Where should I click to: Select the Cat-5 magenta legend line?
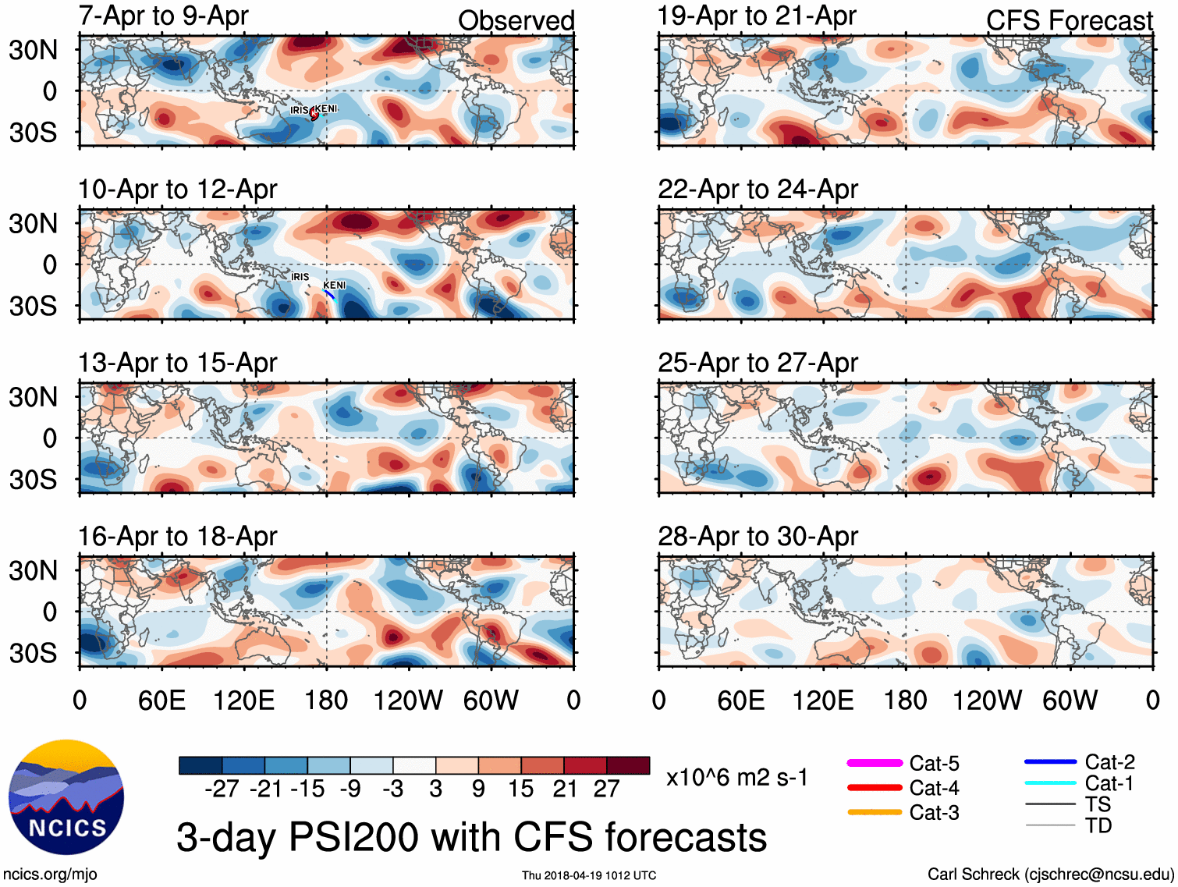click(874, 763)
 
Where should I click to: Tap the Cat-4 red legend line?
click(874, 788)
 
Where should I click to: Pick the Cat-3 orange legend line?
click(874, 812)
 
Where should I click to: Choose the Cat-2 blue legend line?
click(1050, 761)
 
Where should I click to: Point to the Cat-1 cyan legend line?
click(1050, 783)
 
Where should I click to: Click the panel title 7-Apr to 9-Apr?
click(163, 16)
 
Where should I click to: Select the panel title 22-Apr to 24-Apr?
click(758, 190)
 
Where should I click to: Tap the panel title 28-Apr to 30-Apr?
click(758, 537)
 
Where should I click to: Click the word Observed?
click(516, 21)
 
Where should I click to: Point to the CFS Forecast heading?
click(1069, 21)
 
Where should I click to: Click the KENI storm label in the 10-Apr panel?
click(334, 286)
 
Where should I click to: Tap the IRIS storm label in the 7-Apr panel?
click(300, 110)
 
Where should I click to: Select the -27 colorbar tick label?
click(222, 789)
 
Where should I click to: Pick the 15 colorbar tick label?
click(520, 789)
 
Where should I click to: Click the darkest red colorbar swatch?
click(628, 765)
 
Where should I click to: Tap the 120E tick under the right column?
click(823, 701)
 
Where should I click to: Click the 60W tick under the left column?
click(491, 701)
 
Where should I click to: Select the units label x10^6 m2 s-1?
click(737, 778)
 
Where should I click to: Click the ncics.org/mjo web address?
click(50, 875)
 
